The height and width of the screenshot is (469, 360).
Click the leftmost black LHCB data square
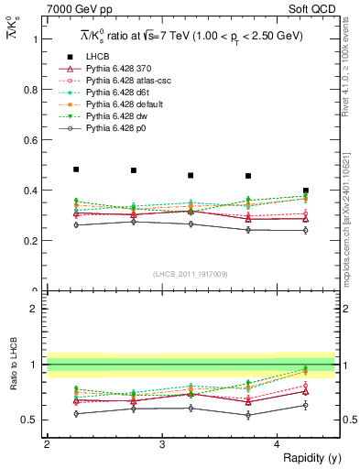[x=76, y=169]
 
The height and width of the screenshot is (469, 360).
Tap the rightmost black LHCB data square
[x=306, y=191]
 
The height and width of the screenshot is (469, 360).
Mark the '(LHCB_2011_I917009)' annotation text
[x=191, y=274]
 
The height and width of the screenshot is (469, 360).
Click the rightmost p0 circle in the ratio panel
[x=306, y=405]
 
